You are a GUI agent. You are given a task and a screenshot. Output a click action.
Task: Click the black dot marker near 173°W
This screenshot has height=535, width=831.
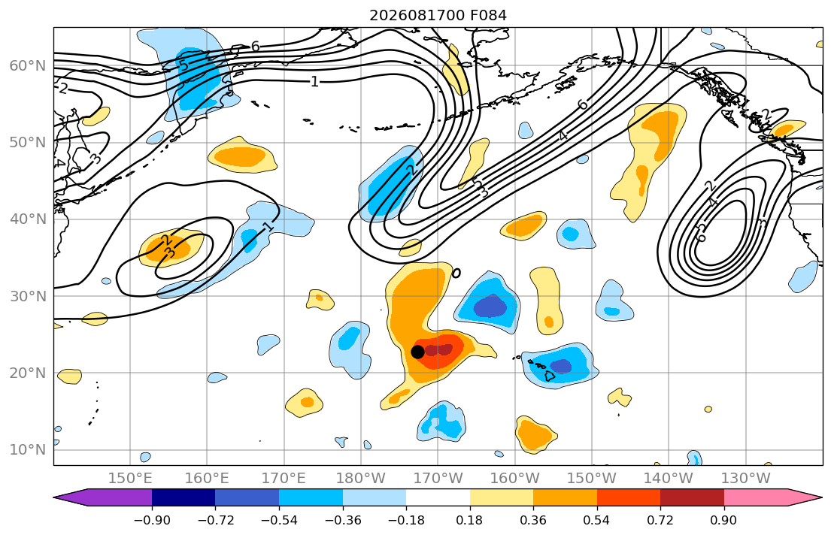(x=417, y=352)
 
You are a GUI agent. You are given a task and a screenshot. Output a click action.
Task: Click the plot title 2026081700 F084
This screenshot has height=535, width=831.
(x=438, y=15)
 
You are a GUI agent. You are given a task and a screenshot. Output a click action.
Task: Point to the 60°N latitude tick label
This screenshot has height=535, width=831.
(x=28, y=65)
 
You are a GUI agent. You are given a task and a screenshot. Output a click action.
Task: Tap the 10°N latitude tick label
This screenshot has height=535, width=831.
(x=28, y=450)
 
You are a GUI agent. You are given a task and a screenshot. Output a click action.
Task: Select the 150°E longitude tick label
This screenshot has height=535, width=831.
(x=130, y=479)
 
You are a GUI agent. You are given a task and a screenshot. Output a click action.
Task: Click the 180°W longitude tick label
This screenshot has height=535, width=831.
(x=361, y=479)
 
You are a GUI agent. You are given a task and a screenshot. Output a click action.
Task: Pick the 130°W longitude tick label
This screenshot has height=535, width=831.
(x=746, y=479)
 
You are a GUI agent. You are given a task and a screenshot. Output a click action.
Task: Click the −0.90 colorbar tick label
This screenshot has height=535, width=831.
(x=152, y=520)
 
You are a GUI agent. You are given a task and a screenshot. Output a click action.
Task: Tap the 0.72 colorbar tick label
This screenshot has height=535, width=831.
(x=660, y=520)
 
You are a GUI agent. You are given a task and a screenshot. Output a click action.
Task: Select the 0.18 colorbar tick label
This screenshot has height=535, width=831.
(x=469, y=520)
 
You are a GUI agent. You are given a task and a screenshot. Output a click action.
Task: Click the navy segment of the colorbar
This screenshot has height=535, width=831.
(x=183, y=497)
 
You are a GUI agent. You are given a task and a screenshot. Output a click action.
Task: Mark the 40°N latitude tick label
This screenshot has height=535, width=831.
(x=28, y=219)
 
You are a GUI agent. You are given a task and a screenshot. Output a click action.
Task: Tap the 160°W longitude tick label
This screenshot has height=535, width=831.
(x=515, y=479)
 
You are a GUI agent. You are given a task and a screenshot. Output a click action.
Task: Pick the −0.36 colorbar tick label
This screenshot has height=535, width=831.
(x=343, y=520)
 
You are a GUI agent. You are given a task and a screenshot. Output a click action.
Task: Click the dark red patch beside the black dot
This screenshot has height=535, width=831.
(x=439, y=349)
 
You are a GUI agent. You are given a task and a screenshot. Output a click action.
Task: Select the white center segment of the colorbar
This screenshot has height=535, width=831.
(x=438, y=497)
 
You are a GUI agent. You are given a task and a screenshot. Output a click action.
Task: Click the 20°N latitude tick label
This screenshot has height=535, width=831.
(x=28, y=373)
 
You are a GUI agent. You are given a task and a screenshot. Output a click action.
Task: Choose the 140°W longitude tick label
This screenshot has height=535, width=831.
(x=669, y=479)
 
